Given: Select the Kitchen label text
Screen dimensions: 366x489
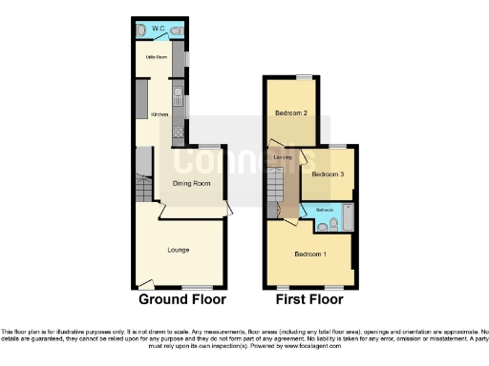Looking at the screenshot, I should [159, 114].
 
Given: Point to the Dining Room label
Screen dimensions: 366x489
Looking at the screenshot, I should [191, 183].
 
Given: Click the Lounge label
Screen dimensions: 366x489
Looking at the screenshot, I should [178, 251].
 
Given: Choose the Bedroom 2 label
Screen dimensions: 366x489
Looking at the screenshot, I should [290, 113].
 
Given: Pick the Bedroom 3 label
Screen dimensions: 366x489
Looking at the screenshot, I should [328, 174].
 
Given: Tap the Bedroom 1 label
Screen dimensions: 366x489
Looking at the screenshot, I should [309, 254].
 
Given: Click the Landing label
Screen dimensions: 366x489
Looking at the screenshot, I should [282, 157].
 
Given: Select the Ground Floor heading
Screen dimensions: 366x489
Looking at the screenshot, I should [182, 299].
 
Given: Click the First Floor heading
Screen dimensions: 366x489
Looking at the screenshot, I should [308, 299].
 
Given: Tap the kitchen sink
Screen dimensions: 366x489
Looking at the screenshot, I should [178, 94].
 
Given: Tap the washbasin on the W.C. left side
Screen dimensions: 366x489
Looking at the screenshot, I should [141, 30].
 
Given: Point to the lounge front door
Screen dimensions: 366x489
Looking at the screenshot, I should [143, 282].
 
